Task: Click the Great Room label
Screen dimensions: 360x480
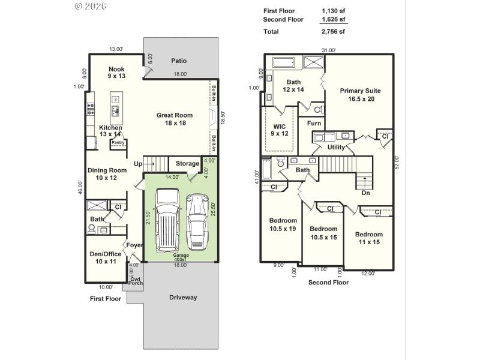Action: (x=175, y=119)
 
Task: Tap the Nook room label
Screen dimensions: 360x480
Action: (x=116, y=73)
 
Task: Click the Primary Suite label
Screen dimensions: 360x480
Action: (x=360, y=95)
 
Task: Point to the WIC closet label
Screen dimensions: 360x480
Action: (x=280, y=130)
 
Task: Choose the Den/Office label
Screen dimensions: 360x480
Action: (x=105, y=257)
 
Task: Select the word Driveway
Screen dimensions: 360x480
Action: (x=182, y=298)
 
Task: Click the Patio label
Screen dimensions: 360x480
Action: (x=179, y=61)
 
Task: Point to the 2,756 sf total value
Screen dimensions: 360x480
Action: (x=333, y=31)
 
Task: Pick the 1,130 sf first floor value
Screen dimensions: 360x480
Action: (x=333, y=11)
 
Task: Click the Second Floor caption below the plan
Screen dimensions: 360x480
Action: (x=328, y=282)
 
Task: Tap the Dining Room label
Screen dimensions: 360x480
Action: (x=107, y=174)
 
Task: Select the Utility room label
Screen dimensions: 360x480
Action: (x=336, y=147)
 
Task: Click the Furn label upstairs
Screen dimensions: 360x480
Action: (x=314, y=124)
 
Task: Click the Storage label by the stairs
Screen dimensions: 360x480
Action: (x=187, y=163)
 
